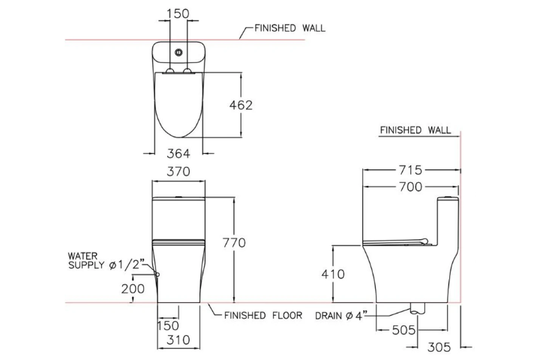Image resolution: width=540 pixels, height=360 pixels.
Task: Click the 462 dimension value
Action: [x=241, y=105]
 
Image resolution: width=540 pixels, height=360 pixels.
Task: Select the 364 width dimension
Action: [x=178, y=153]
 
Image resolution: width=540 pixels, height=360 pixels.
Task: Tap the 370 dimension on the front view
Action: [x=178, y=172]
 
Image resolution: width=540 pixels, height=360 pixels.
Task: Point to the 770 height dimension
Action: [x=234, y=242]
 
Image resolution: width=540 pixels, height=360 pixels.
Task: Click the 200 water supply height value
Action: [x=131, y=289]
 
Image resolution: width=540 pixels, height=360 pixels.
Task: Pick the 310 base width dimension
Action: [x=178, y=340]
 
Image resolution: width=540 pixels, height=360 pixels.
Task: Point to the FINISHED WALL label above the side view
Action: [x=415, y=130]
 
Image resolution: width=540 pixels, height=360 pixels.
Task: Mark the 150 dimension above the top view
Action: [x=178, y=13]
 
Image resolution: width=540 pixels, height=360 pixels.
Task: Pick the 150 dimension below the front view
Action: [x=168, y=326]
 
